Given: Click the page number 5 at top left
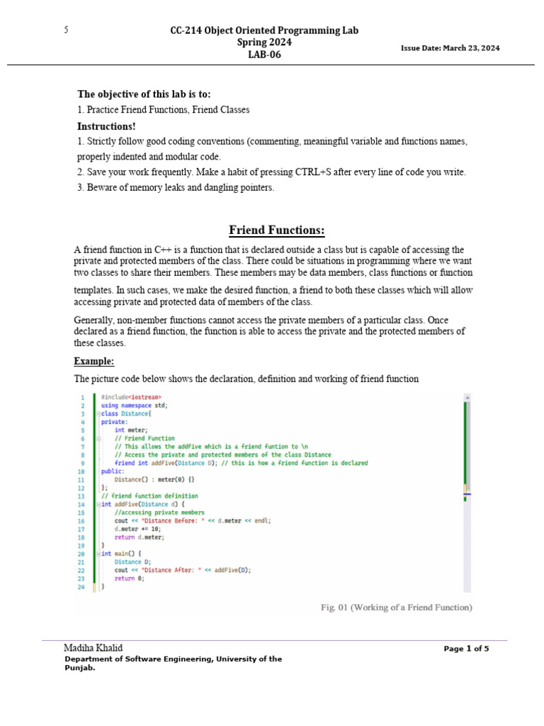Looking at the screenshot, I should [x=66, y=30].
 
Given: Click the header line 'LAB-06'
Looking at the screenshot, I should [x=263, y=55].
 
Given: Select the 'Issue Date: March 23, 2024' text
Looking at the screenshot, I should [x=450, y=48].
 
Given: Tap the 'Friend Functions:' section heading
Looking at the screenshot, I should [x=277, y=230].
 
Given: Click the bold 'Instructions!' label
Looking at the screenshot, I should [x=106, y=126].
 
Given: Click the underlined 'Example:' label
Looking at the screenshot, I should [x=93, y=361].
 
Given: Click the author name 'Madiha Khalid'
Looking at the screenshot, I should [x=93, y=648].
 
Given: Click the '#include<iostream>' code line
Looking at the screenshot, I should [x=131, y=397].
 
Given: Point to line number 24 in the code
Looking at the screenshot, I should [x=81, y=587].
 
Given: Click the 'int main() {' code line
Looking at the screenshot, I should [x=122, y=553].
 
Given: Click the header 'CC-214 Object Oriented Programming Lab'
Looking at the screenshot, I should [x=264, y=30].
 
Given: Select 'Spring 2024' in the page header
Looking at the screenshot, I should [x=263, y=43].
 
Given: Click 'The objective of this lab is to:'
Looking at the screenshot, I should [x=144, y=94].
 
